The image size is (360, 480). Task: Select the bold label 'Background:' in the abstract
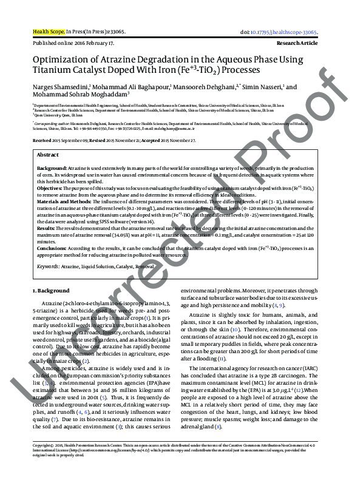52,167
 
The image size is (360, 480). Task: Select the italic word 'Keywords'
48,266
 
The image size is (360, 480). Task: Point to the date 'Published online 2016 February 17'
73,44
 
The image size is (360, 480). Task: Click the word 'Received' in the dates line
42,140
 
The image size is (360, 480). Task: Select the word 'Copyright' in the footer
41,461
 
